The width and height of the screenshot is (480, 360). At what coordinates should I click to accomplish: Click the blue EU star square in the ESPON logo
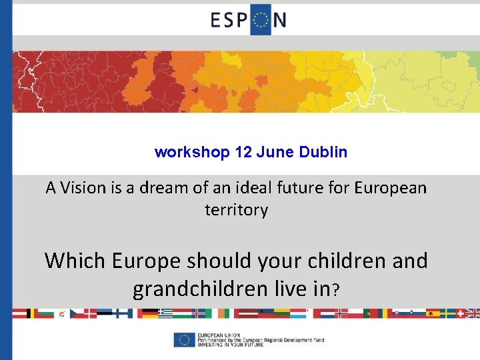261,20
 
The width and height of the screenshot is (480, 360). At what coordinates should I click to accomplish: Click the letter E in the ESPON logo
218,20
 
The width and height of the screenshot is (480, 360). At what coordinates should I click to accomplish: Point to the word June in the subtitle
273,152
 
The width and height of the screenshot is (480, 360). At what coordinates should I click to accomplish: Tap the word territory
236,210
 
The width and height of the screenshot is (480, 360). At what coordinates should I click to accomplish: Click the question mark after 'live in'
337,291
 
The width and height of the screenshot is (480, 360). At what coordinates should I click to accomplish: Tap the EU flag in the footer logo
183,339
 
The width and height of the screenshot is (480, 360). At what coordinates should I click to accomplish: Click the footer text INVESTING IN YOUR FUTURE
231,344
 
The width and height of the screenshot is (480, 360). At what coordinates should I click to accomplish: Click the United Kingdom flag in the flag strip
473,313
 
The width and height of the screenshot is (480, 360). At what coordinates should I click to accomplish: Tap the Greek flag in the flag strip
165,313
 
